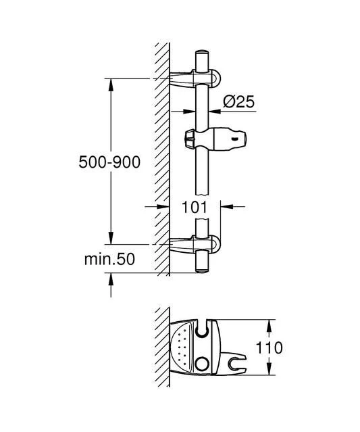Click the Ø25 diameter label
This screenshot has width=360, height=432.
click(x=237, y=103)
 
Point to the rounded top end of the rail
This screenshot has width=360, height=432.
click(x=201, y=53)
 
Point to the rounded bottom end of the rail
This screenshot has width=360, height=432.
click(x=201, y=270)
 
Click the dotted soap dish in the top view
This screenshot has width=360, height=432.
click(x=181, y=347)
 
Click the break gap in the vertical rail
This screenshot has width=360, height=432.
click(x=201, y=211)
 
